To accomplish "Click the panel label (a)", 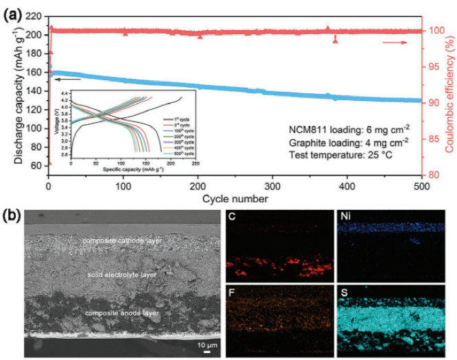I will [13, 10].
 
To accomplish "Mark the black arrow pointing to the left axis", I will [59, 79].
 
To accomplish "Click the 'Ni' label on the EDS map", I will [345, 218].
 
